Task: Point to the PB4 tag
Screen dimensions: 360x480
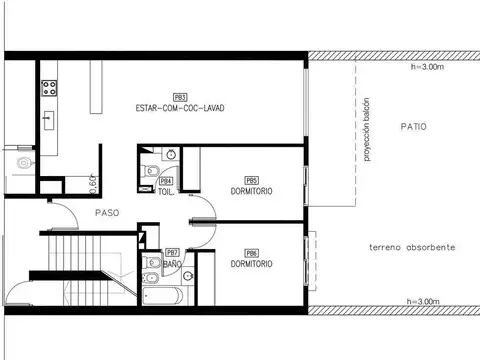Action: tap(167, 181)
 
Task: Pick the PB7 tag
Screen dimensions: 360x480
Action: tap(172, 253)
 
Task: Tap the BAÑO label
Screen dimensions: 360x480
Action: tap(172, 264)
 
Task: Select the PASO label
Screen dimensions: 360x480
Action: tap(108, 213)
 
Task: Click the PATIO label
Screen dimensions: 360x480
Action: tap(413, 127)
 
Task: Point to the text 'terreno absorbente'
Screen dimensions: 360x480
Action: tap(413, 246)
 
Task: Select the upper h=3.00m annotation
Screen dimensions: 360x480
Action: tap(428, 68)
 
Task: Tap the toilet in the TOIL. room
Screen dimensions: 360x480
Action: tap(150, 171)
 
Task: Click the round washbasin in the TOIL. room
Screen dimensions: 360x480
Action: tap(170, 154)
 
